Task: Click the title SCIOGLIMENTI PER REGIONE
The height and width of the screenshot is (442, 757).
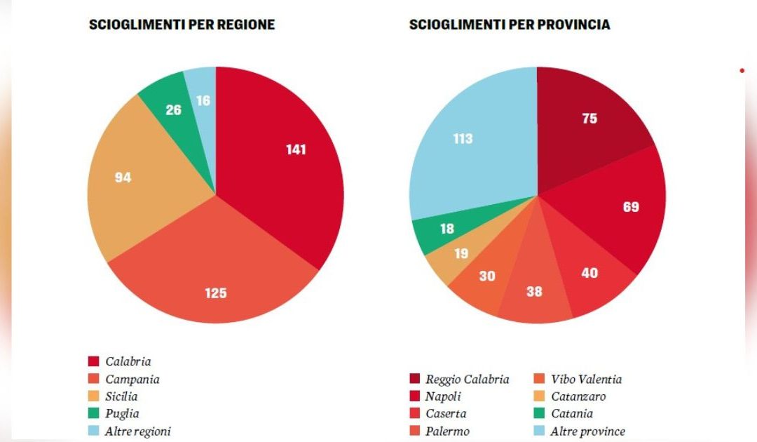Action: pyautogui.click(x=182, y=25)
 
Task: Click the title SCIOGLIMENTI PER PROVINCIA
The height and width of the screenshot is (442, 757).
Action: pyautogui.click(x=510, y=25)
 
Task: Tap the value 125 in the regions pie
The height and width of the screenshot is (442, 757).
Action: pyautogui.click(x=216, y=293)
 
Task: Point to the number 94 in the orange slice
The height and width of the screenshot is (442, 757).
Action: pyautogui.click(x=123, y=178)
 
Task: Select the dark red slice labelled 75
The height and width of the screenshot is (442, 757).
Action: pyautogui.click(x=589, y=119)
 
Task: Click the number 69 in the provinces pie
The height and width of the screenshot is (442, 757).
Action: pyautogui.click(x=631, y=207)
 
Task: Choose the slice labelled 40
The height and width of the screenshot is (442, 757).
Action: pyautogui.click(x=589, y=273)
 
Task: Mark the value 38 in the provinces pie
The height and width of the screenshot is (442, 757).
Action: pyautogui.click(x=534, y=291)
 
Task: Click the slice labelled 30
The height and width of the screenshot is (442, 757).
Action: pyautogui.click(x=486, y=276)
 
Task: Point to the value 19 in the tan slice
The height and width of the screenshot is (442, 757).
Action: pyautogui.click(x=460, y=254)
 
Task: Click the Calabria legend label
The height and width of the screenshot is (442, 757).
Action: pyautogui.click(x=128, y=362)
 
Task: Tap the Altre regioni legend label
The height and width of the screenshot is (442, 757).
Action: pyautogui.click(x=138, y=431)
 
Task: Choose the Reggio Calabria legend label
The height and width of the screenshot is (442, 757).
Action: pyautogui.click(x=467, y=380)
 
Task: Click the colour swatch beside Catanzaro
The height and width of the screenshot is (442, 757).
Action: pyautogui.click(x=537, y=397)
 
